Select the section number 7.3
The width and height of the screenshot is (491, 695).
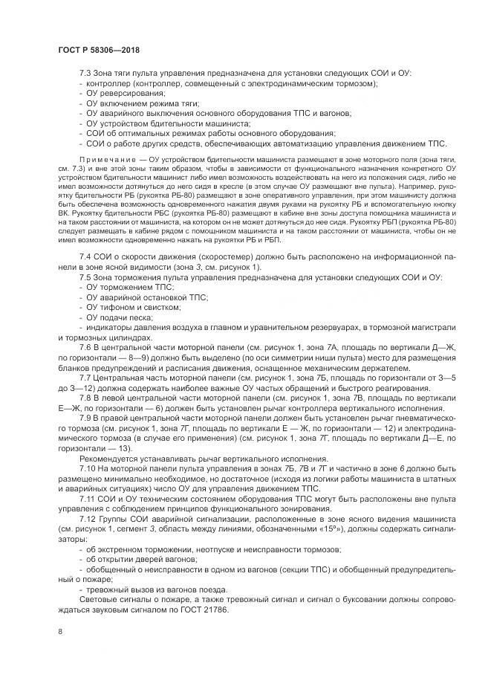[x=86, y=74]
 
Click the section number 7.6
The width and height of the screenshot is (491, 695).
[x=86, y=348]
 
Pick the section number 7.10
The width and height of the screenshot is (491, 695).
[x=88, y=469]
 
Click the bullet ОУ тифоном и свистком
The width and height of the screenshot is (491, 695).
[x=123, y=307]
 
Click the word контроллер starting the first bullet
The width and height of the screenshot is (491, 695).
[x=108, y=83]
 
